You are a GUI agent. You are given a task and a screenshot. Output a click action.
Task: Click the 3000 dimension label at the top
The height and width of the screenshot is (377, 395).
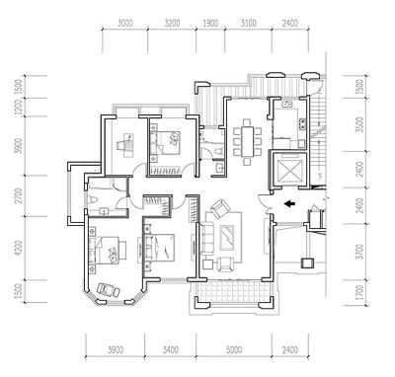(x=125, y=23)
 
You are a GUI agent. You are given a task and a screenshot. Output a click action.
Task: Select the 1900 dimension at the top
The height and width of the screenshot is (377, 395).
(x=210, y=23)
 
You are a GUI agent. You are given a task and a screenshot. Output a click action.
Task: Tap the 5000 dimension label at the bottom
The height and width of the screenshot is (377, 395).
(x=234, y=349)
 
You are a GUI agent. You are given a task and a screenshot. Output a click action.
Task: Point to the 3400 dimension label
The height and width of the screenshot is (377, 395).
(x=171, y=349)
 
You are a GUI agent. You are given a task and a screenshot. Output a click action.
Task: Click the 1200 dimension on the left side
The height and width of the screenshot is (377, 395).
(x=19, y=108)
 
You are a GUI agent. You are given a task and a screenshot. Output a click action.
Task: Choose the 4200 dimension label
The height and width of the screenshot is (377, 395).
(x=19, y=248)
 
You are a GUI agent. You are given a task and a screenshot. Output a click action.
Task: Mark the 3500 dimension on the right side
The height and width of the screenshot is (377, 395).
(x=360, y=124)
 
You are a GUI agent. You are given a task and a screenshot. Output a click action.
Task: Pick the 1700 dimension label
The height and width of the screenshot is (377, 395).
(x=360, y=292)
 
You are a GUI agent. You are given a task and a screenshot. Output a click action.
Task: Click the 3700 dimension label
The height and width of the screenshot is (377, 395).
(x=360, y=252)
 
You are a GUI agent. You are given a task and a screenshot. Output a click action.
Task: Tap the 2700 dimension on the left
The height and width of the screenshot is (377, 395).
(x=19, y=195)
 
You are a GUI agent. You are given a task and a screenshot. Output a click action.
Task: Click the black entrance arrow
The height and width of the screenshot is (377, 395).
(x=289, y=204)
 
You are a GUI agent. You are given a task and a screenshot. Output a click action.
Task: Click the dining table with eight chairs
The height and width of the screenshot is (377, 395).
(x=247, y=141)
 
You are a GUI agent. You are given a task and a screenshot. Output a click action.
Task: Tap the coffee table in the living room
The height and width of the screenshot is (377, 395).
(x=227, y=238)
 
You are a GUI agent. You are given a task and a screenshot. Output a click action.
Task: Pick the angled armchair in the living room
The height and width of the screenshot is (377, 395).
(x=220, y=208)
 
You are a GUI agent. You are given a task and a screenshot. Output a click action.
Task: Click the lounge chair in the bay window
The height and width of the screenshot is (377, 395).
(x=108, y=290)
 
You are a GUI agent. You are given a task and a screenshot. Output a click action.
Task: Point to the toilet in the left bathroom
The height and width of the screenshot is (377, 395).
(x=92, y=199)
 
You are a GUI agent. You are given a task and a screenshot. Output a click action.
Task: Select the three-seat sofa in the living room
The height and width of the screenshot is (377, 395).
(x=206, y=238)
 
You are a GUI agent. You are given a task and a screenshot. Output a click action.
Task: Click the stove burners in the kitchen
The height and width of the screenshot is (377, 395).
(x=301, y=123)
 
